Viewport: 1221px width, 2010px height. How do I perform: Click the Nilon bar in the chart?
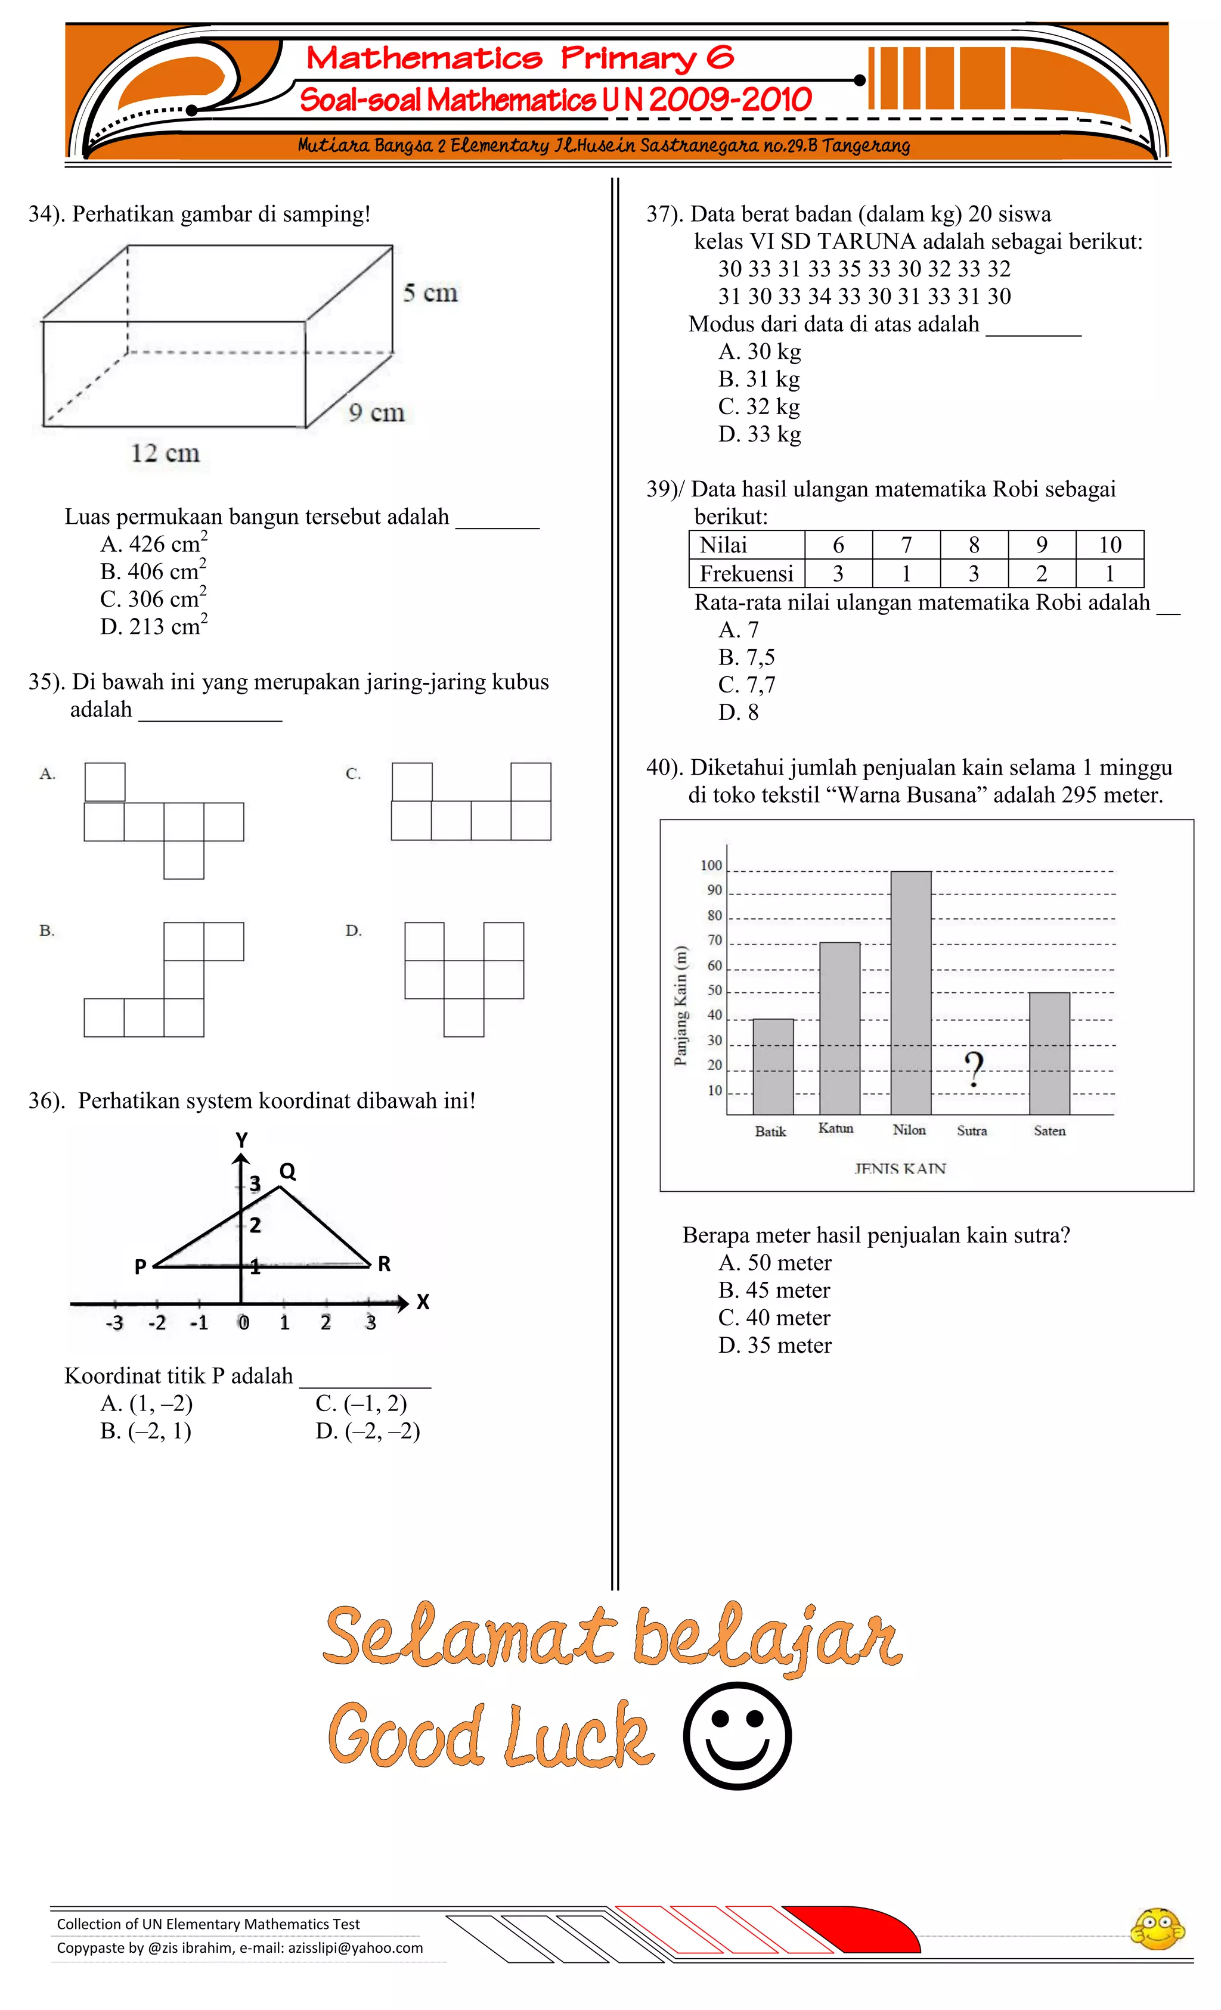910,992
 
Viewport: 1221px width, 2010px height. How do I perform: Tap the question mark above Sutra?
973,1070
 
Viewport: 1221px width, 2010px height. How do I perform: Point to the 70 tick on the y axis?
714,940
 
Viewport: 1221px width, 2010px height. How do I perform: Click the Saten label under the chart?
1049,1130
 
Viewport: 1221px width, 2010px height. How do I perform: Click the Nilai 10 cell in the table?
1109,544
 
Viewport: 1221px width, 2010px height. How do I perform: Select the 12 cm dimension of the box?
165,453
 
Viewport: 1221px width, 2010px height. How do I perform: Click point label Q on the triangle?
287,1172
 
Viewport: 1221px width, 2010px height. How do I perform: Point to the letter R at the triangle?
383,1263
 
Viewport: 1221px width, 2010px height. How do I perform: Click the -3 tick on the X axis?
114,1322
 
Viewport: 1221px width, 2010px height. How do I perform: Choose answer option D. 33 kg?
759,434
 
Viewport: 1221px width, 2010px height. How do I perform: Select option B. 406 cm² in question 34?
153,571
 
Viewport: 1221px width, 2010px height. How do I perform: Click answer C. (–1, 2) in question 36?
361,1403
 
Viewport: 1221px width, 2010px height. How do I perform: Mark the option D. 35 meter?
774,1345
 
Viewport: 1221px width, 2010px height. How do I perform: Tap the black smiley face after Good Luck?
737,1736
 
